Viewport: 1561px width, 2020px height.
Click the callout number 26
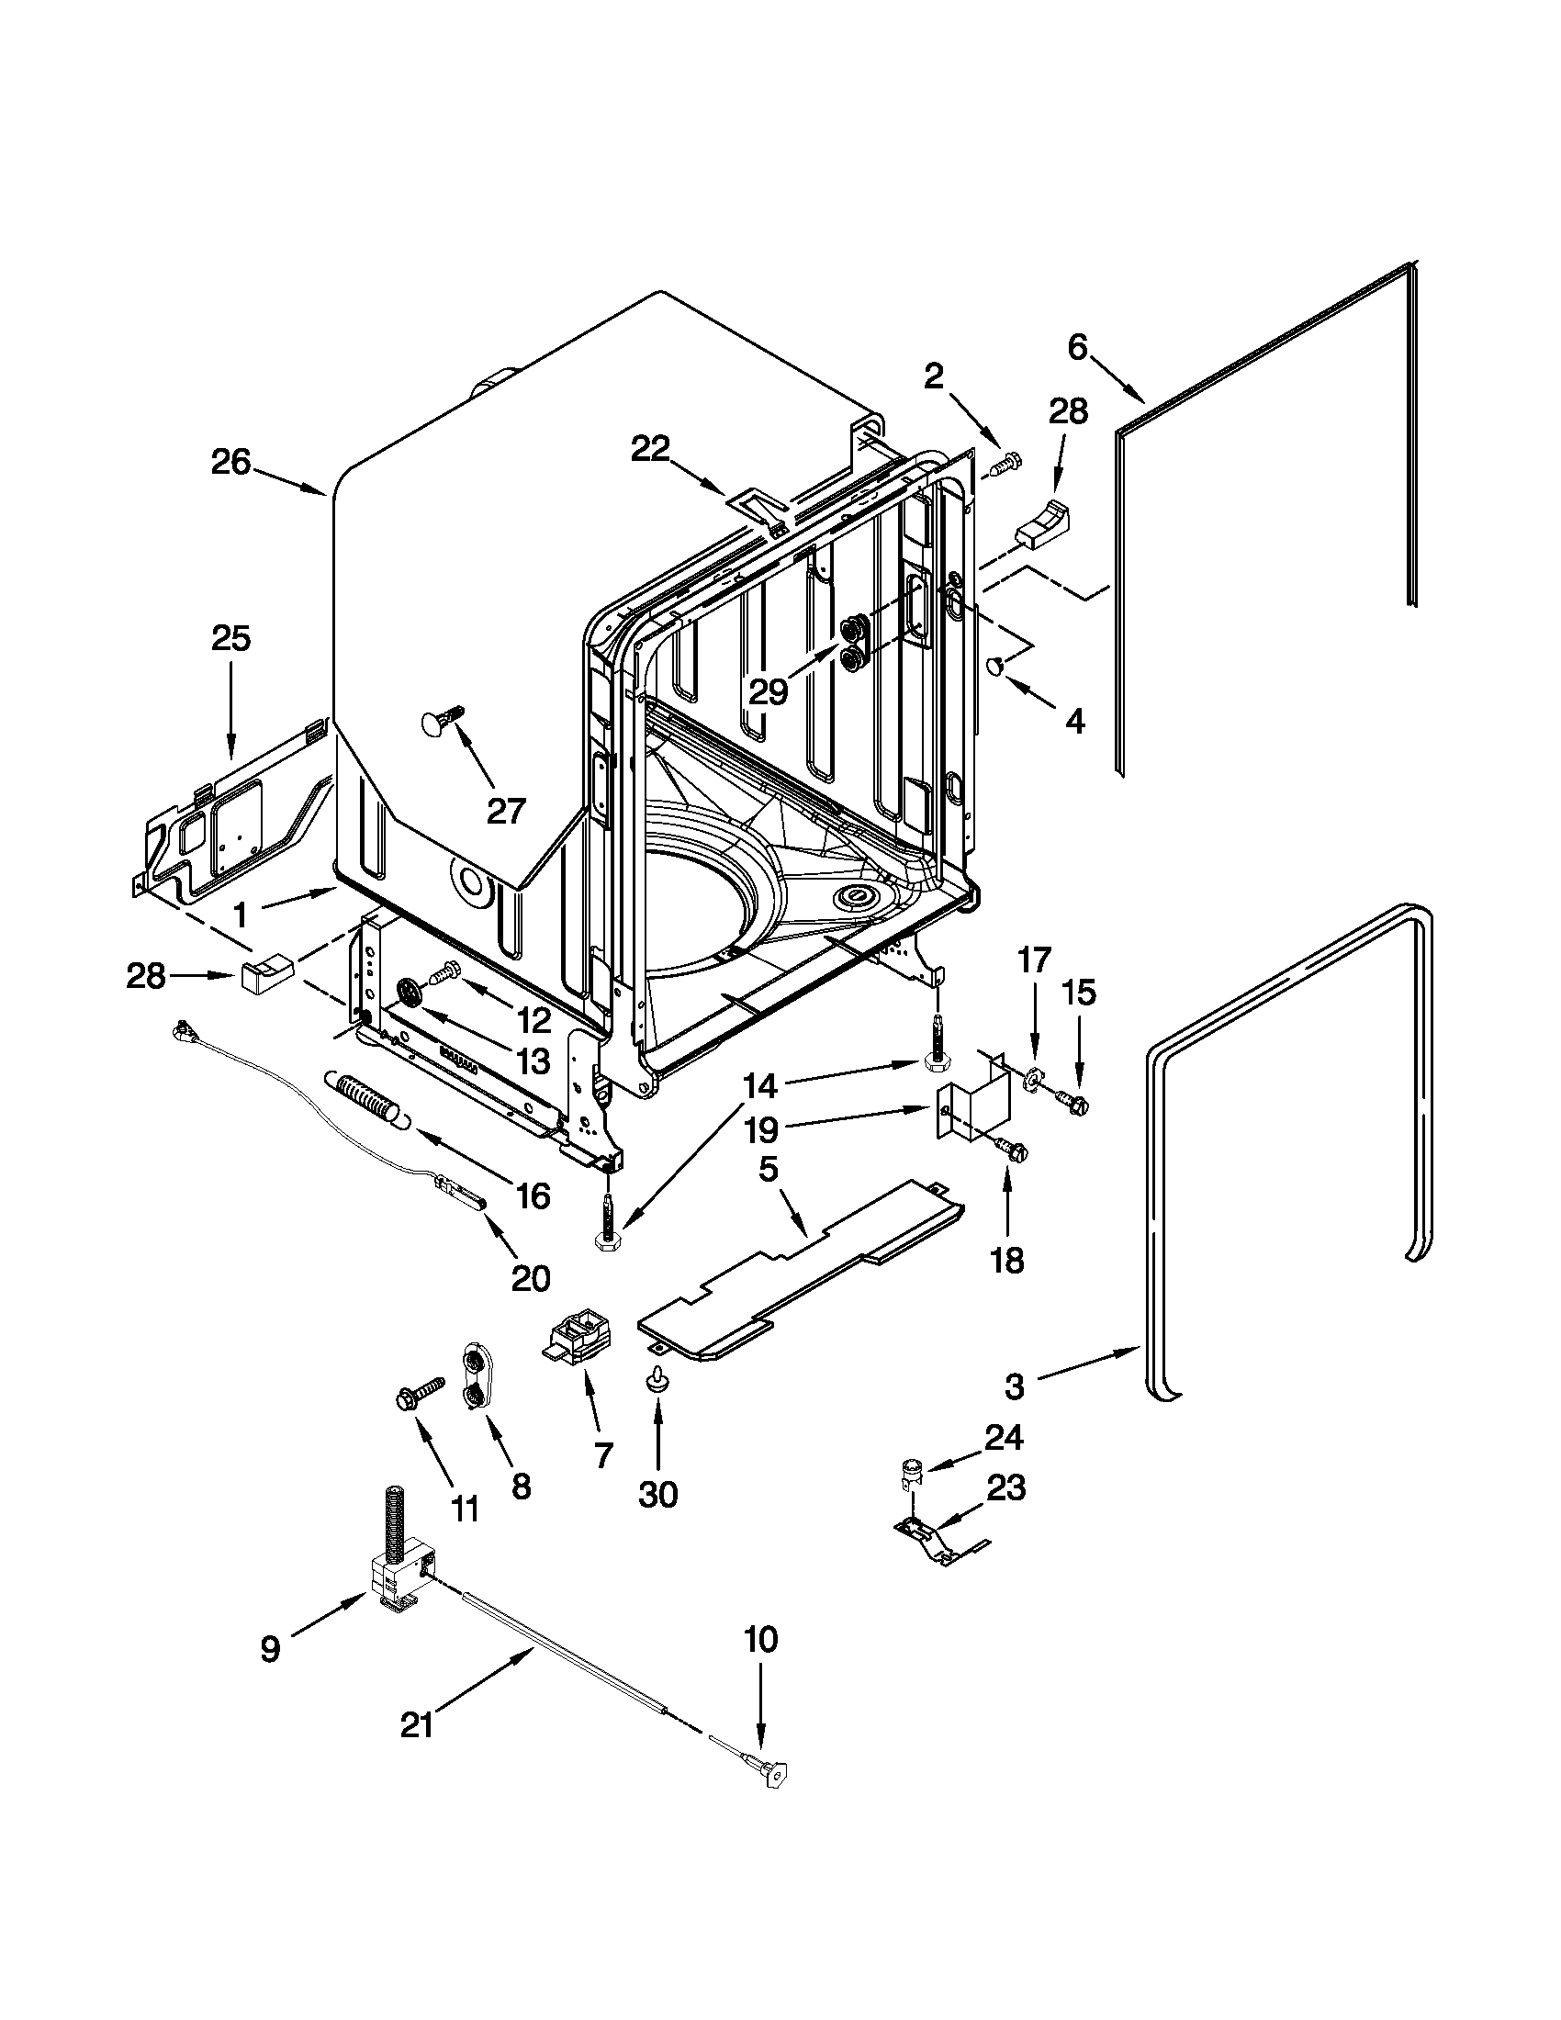click(x=230, y=462)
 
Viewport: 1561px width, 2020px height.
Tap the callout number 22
click(x=662, y=450)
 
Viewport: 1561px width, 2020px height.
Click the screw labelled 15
click(x=1073, y=1100)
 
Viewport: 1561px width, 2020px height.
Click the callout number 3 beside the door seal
click(x=1015, y=1412)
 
